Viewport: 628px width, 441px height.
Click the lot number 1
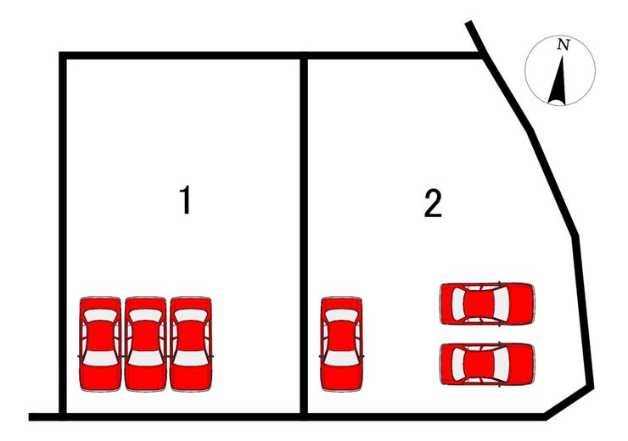point(185,199)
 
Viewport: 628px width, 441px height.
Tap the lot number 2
point(433,204)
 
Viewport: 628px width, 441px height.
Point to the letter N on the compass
point(564,45)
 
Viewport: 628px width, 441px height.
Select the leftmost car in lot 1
point(100,343)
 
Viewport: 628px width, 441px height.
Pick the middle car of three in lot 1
point(145,343)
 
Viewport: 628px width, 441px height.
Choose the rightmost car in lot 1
point(191,343)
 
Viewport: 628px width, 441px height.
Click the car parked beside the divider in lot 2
point(342,343)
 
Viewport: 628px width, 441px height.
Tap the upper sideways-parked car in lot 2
point(487,303)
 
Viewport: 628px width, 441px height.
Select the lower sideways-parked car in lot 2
point(487,364)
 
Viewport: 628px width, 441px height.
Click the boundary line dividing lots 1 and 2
point(304,236)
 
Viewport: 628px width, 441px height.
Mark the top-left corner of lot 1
point(63,56)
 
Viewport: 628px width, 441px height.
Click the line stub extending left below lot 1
point(44,416)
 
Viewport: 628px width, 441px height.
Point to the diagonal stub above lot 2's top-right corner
point(475,36)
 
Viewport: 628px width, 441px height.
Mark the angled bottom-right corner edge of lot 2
point(569,402)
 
